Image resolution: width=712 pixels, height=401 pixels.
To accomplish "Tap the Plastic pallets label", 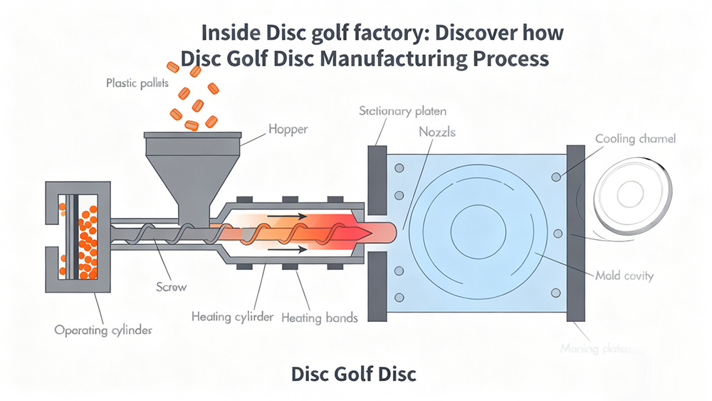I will (137, 83).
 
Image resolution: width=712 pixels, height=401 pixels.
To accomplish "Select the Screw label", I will (171, 287).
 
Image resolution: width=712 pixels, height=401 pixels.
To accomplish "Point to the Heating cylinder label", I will (232, 316).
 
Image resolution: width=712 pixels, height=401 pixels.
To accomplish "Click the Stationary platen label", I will (402, 111).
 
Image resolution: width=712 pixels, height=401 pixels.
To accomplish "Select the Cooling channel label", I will (635, 139).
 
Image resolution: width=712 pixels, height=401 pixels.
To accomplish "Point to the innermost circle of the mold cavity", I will (478, 232).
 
